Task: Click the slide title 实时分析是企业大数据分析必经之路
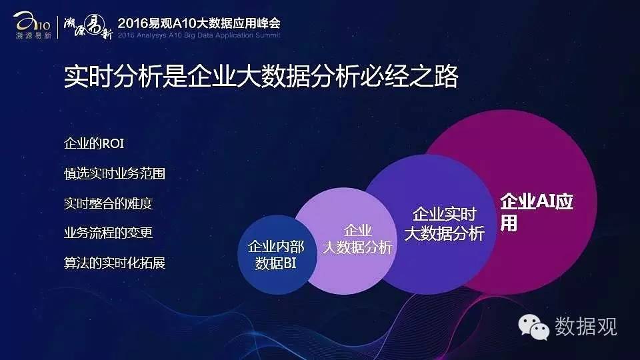click(x=261, y=76)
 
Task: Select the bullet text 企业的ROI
click(x=94, y=144)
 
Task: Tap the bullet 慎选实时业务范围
click(x=115, y=173)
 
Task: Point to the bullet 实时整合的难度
click(x=108, y=203)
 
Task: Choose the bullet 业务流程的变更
click(x=108, y=233)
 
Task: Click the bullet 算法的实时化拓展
click(x=115, y=263)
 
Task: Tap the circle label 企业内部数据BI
click(x=276, y=255)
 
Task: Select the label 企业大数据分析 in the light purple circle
click(x=357, y=239)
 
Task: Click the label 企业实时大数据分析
click(x=445, y=224)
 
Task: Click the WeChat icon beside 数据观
click(x=533, y=327)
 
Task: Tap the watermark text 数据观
click(x=586, y=327)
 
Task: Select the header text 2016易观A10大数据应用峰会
click(x=199, y=23)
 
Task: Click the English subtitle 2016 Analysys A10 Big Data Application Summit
click(x=199, y=35)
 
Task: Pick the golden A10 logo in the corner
click(x=31, y=21)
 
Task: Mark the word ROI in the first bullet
click(x=113, y=144)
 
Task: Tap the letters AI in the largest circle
click(x=545, y=201)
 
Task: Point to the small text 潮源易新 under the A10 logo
click(x=33, y=35)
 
